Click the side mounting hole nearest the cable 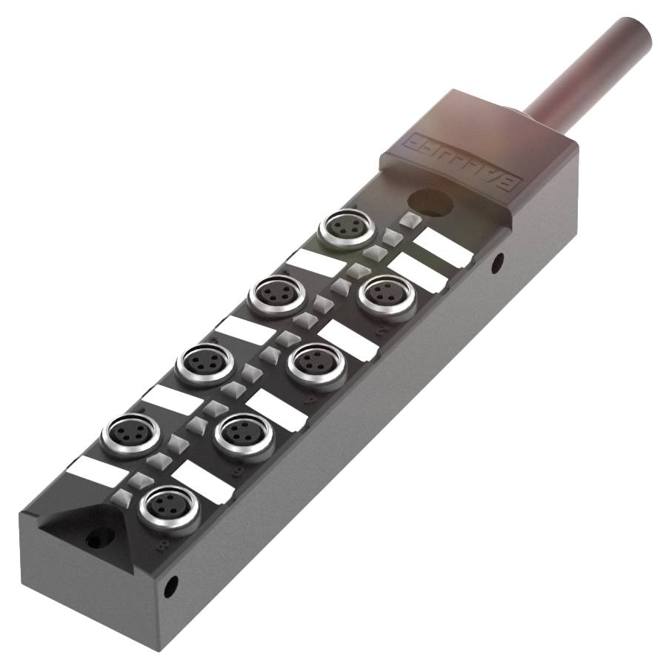point(498,260)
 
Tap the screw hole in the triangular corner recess point(92,540)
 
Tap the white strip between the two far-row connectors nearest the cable point(313,262)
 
